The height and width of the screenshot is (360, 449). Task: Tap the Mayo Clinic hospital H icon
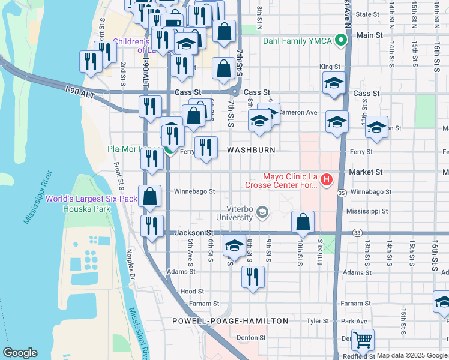click(x=327, y=179)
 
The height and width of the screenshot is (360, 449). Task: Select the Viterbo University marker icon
click(x=262, y=212)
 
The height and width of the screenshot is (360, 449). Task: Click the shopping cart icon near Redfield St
click(x=363, y=340)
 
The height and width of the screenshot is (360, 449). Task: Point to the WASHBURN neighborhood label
click(x=251, y=150)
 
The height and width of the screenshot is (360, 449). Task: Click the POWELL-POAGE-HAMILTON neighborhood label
click(x=230, y=321)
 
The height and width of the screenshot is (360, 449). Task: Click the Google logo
click(x=20, y=353)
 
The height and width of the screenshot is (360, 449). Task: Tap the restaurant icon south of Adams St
click(x=253, y=277)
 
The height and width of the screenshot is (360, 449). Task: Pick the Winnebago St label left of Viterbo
click(x=194, y=192)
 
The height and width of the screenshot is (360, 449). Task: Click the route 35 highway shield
click(x=341, y=193)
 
